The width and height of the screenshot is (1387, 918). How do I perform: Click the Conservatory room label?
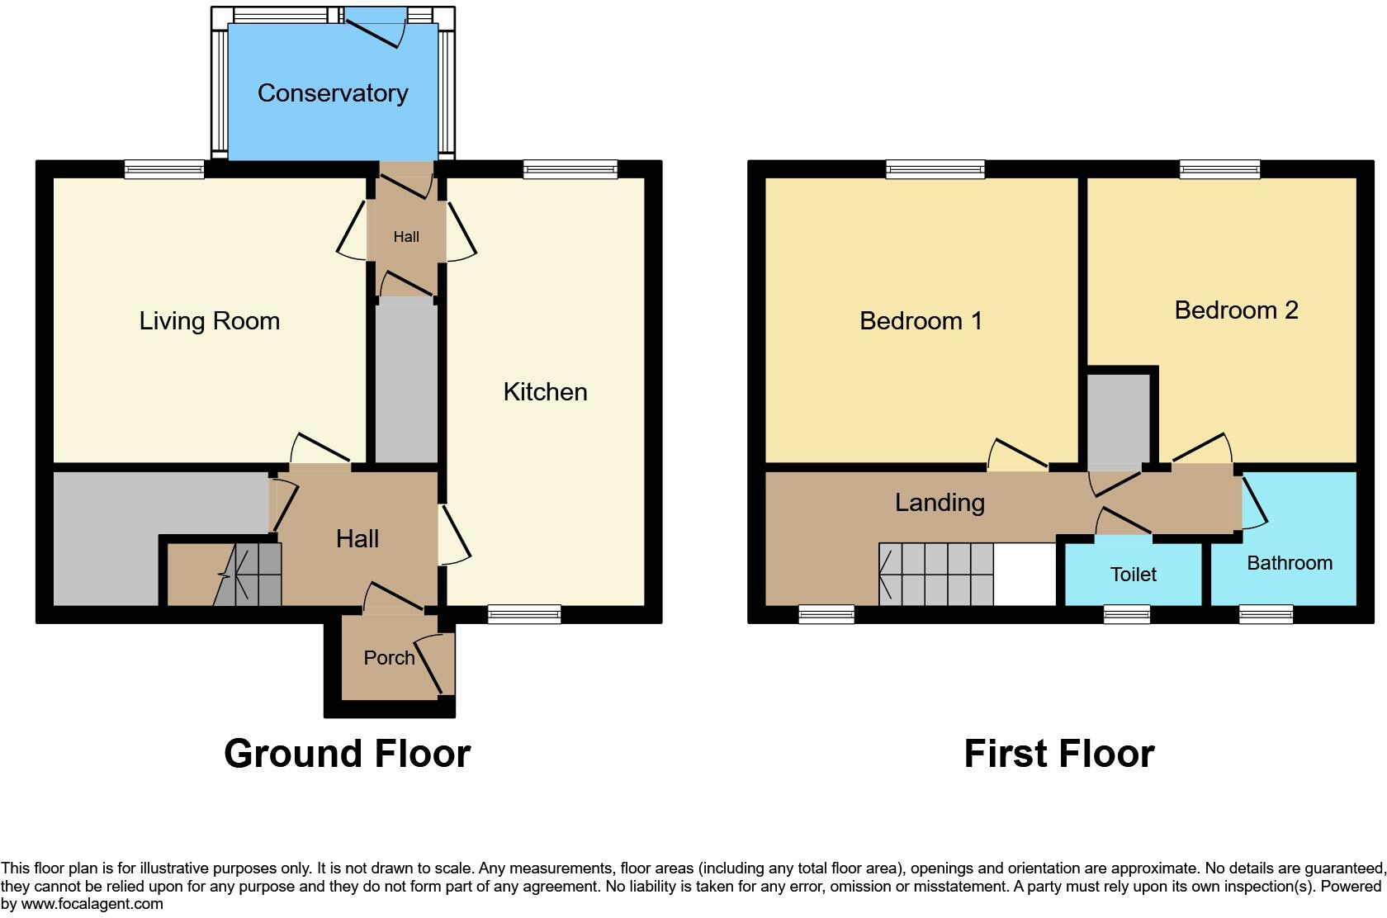click(x=332, y=93)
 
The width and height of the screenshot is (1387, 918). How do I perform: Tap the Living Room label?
click(x=209, y=320)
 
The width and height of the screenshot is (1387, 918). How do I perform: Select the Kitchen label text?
click(x=545, y=391)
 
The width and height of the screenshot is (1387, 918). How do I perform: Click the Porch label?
click(x=389, y=658)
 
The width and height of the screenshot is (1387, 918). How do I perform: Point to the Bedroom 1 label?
click(x=921, y=320)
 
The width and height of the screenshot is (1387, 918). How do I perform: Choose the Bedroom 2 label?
click(x=1236, y=310)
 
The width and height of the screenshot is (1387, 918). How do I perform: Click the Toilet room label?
click(x=1133, y=575)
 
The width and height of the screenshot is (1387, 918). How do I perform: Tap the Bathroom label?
click(x=1289, y=563)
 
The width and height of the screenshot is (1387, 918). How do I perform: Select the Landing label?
click(x=940, y=502)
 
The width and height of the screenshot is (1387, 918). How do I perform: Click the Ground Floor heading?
click(x=347, y=754)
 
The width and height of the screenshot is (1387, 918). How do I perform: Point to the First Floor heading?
click(x=1058, y=754)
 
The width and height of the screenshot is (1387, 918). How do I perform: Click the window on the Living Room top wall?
click(x=164, y=169)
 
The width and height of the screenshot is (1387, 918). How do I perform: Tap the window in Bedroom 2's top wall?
click(x=1219, y=169)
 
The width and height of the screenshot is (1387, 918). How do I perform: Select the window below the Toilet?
click(x=1127, y=614)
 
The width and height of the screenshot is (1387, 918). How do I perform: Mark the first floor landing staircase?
click(x=935, y=574)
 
